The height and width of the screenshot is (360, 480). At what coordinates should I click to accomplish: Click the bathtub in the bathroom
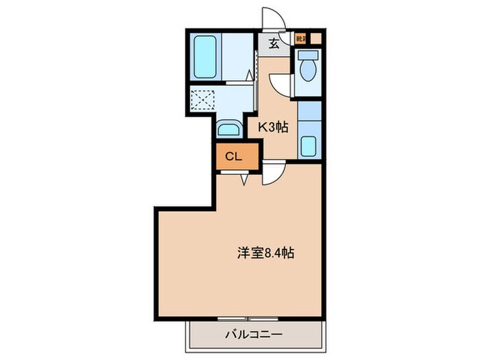click(x=205, y=56)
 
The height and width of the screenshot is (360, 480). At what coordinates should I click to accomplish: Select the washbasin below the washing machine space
click(x=228, y=129)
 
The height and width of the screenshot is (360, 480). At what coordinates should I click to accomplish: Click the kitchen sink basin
click(x=309, y=146)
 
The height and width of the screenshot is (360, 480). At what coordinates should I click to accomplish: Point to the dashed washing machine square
click(x=202, y=100)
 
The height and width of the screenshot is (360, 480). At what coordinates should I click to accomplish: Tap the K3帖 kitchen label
click(x=272, y=127)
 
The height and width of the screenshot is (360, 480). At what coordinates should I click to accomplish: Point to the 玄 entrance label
click(x=274, y=44)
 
